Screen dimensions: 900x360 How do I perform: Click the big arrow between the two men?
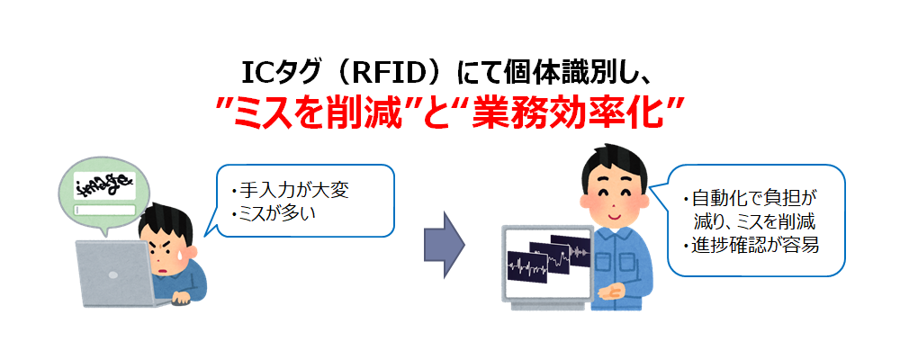coord(444,244)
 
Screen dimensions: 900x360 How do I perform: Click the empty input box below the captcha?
coord(104,210)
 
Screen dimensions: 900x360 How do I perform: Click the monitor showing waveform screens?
coord(547,263)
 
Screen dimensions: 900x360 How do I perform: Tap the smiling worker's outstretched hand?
coord(612,292)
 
